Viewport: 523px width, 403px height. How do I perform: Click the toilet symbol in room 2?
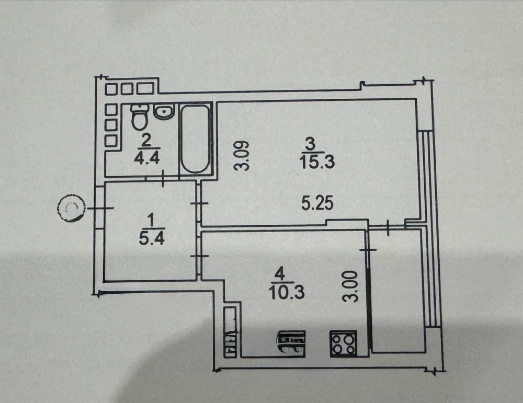[x=140, y=117]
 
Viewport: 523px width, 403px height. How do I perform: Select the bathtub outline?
[x=196, y=139]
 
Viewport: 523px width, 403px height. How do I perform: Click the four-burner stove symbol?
[x=343, y=343]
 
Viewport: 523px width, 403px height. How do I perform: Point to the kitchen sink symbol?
[x=291, y=343]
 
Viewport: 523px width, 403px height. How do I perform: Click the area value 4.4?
[x=147, y=157]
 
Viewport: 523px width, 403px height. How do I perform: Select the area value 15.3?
[x=316, y=163]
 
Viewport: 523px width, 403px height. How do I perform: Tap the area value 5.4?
[x=152, y=238]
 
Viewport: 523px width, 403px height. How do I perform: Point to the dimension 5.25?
[x=317, y=203]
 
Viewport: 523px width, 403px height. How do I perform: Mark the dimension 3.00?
[x=351, y=286]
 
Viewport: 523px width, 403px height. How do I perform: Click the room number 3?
[x=310, y=144]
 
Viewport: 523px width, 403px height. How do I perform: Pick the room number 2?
[x=146, y=140]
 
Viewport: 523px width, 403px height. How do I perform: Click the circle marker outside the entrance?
[x=70, y=208]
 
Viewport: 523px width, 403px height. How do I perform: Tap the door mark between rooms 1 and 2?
[x=163, y=179]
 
